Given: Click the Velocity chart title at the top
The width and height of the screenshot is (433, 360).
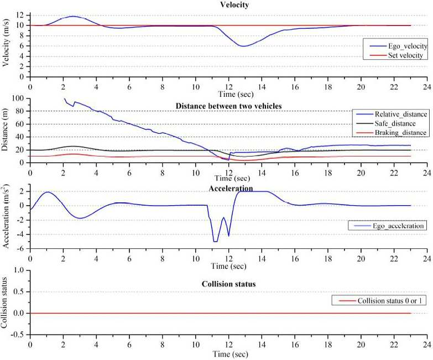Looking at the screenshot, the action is (234, 4).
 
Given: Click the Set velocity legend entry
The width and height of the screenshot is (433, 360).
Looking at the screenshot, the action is (396, 55).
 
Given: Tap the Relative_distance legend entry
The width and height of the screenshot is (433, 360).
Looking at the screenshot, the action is (392, 114).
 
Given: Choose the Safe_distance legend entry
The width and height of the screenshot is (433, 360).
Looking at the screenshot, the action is (386, 123).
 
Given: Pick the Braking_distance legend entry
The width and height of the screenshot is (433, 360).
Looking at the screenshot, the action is (392, 133).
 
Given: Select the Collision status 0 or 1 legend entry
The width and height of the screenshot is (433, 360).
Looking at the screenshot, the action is (380, 301).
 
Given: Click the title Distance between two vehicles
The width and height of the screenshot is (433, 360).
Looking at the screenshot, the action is (228, 106).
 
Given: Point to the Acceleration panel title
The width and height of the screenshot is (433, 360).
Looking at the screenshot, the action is (231, 188).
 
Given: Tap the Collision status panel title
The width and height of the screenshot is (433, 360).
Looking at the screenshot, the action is (228, 284).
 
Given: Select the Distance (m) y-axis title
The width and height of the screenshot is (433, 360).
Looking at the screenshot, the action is (4, 129).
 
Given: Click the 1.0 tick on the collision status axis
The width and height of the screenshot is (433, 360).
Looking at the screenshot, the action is (18, 270).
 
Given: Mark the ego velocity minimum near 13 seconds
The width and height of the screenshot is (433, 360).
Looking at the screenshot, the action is (243, 46).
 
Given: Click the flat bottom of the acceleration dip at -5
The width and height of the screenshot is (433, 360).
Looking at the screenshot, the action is (216, 242).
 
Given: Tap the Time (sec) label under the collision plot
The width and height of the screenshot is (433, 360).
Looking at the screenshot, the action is (230, 354).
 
